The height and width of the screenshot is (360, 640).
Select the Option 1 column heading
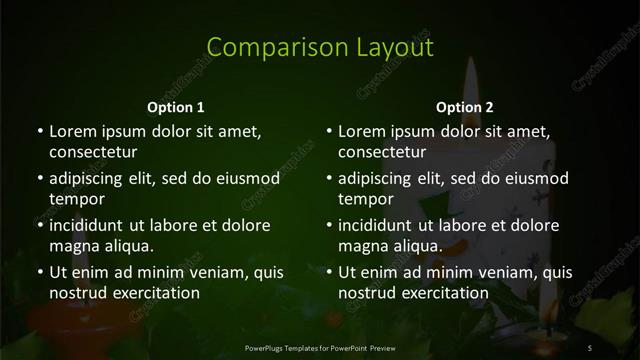tap(176, 107)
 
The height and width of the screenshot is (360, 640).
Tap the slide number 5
tap(591, 346)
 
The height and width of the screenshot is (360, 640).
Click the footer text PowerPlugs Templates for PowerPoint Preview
tap(319, 346)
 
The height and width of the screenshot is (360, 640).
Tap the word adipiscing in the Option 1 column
tap(90, 178)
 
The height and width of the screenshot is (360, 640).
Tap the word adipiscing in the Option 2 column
tap(380, 178)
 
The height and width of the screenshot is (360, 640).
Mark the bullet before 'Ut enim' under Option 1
tap(39, 271)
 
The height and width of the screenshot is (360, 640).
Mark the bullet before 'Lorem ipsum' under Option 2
tap(329, 131)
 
